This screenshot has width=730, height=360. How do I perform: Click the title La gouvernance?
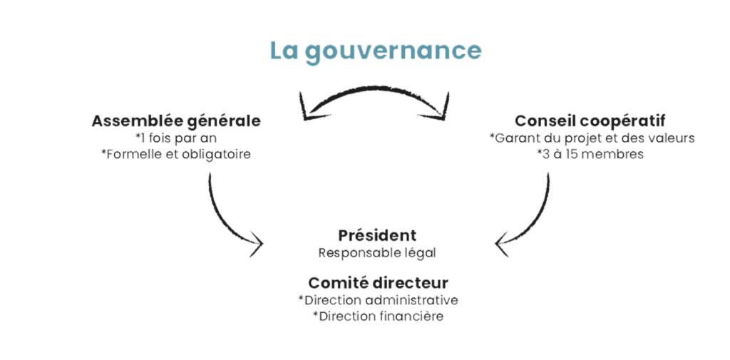pyautogui.click(x=376, y=51)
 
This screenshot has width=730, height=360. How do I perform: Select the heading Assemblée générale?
pyautogui.click(x=176, y=121)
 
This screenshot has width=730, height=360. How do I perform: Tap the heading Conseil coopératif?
pyautogui.click(x=590, y=121)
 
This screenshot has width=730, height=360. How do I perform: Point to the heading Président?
pyautogui.click(x=377, y=235)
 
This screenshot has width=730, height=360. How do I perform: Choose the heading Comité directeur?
pyautogui.click(x=378, y=283)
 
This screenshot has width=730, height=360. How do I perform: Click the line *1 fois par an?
pyautogui.click(x=176, y=138)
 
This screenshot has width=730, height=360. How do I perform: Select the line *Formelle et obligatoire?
pyautogui.click(x=176, y=154)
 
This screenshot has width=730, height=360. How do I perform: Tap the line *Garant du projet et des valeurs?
pyautogui.click(x=592, y=138)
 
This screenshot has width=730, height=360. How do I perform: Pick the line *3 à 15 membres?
pyautogui.click(x=590, y=154)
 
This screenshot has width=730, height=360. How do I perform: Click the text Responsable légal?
pyautogui.click(x=377, y=253)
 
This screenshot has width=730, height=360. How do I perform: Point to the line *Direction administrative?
pyautogui.click(x=378, y=300)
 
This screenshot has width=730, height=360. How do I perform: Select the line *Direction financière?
pyautogui.click(x=378, y=317)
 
